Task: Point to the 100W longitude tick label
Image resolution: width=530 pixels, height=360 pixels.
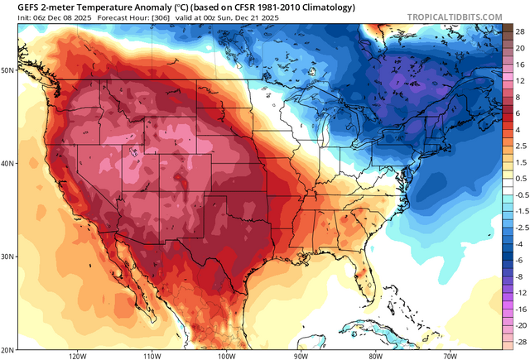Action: pyautogui.click(x=226, y=355)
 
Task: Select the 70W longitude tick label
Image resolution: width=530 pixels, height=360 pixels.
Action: pyautogui.click(x=449, y=355)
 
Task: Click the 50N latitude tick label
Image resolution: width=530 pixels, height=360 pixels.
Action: pyautogui.click(x=7, y=70)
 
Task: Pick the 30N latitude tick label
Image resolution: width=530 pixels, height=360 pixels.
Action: pyautogui.click(x=7, y=257)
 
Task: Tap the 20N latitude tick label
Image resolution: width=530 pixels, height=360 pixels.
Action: pyautogui.click(x=7, y=349)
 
